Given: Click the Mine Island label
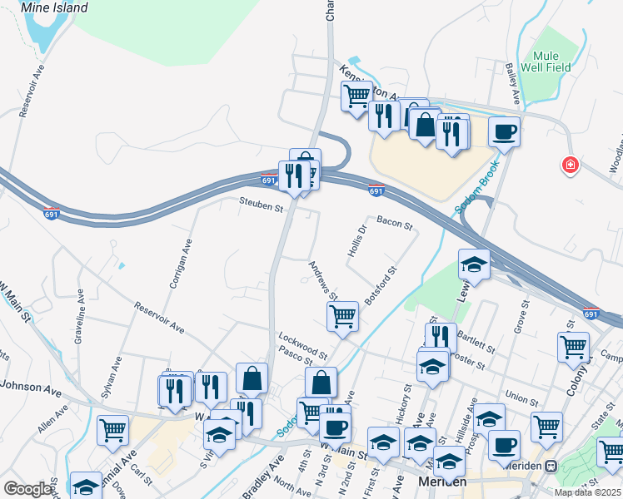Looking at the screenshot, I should click(54, 7).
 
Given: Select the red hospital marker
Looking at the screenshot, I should click(571, 165).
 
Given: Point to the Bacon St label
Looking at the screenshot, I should click(394, 223).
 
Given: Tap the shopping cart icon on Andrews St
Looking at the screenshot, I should click(342, 316).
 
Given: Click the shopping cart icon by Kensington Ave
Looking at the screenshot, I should click(356, 96).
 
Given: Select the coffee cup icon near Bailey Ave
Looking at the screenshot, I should click(504, 131).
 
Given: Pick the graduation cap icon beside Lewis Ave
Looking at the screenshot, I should click(474, 264).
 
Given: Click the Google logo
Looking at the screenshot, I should click(28, 488).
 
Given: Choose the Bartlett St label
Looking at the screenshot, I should click(476, 341).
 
